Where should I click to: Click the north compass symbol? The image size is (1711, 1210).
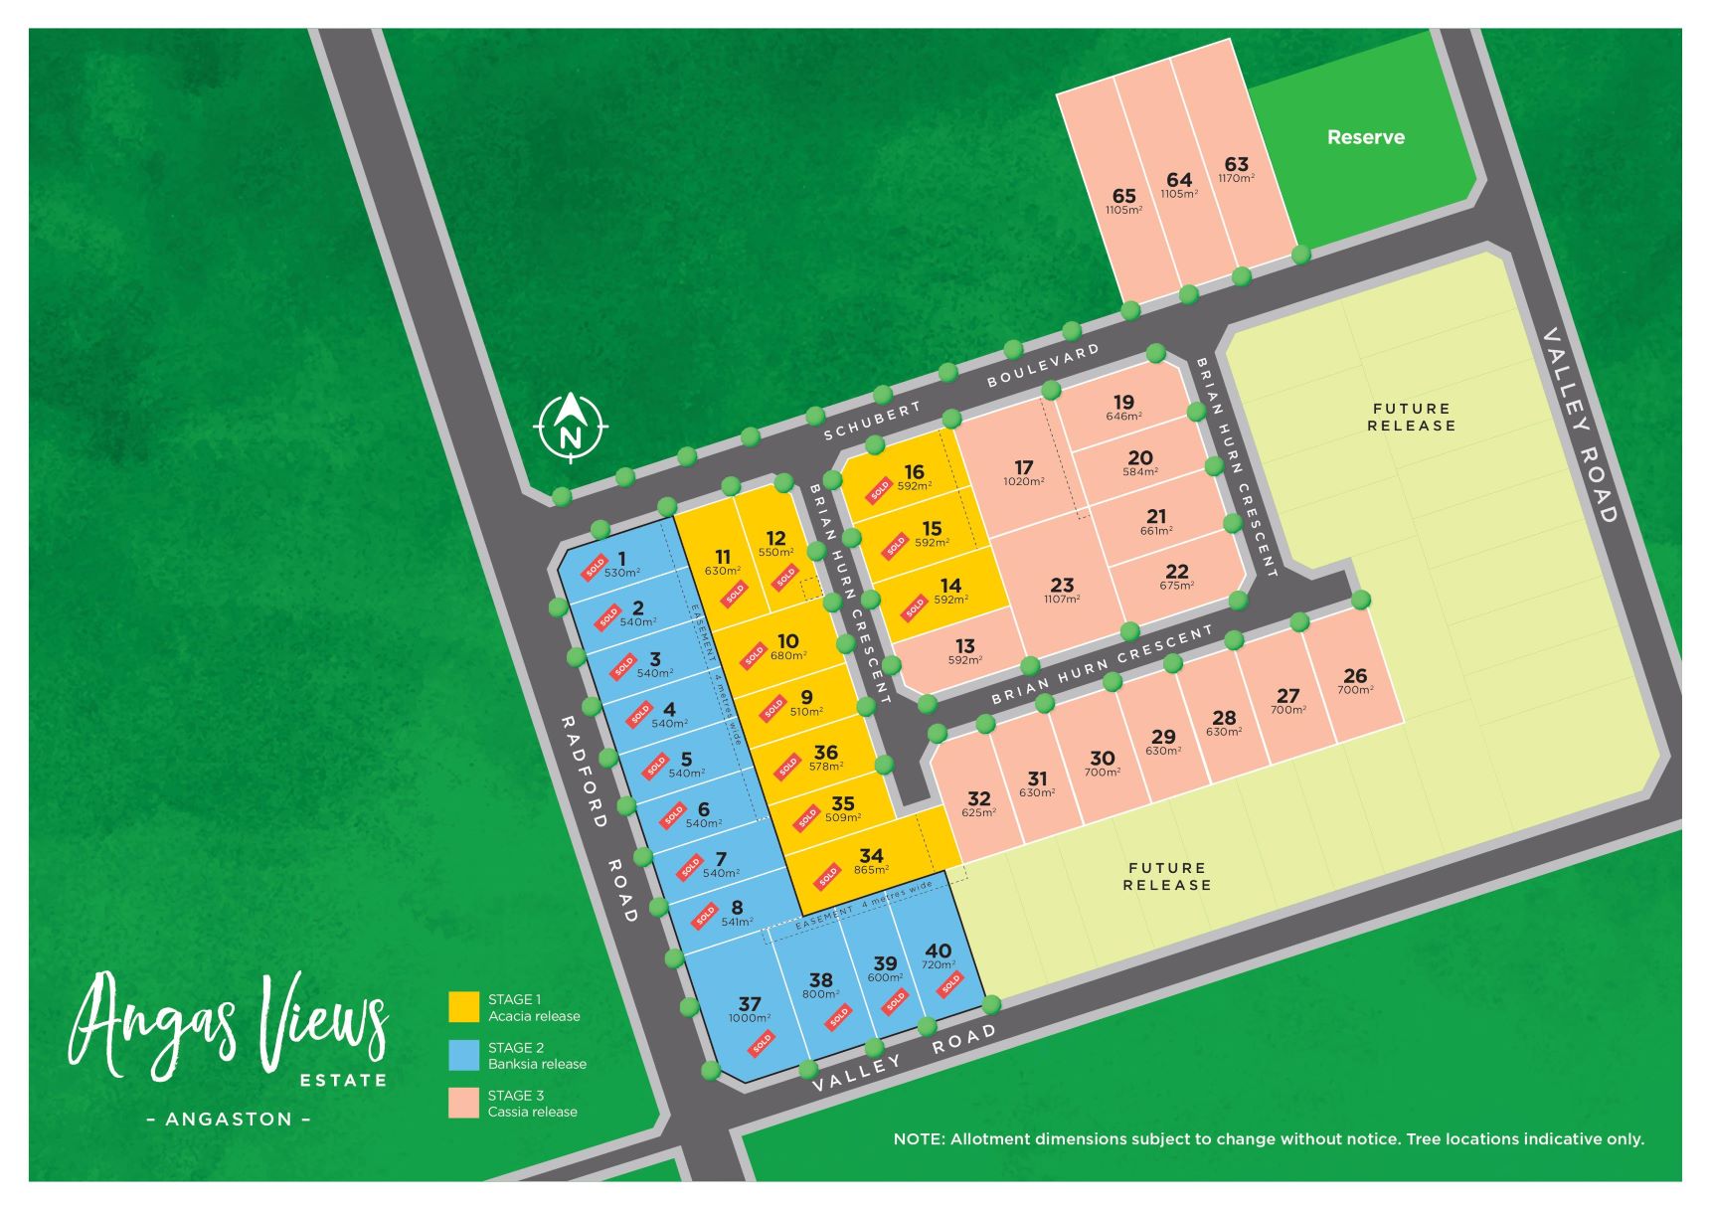[570, 428]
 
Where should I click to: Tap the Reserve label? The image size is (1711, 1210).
[1365, 137]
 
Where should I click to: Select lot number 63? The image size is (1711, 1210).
[1236, 164]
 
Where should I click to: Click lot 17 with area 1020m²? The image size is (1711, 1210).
[1023, 467]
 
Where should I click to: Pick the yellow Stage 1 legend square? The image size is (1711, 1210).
[464, 1006]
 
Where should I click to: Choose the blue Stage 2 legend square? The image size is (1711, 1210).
[464, 1055]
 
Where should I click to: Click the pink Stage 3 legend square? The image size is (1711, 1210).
[464, 1103]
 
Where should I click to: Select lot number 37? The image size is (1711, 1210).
[750, 1004]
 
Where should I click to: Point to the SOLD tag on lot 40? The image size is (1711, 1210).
[950, 984]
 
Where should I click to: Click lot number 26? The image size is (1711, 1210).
[1354, 675]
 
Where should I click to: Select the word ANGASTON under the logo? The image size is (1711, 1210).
[229, 1119]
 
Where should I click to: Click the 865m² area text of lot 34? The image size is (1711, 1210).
[871, 870]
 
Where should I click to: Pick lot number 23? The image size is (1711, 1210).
[1062, 585]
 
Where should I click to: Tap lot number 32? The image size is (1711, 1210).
[978, 798]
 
